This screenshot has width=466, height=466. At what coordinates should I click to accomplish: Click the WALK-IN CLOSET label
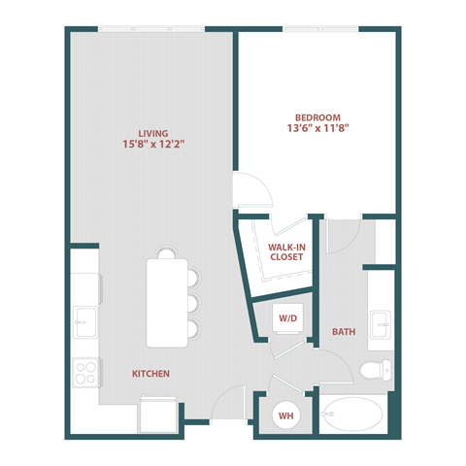[287, 252]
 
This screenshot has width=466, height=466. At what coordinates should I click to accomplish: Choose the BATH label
[344, 331]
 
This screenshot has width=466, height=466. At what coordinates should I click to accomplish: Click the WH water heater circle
[287, 416]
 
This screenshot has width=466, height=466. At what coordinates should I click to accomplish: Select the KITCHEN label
[151, 373]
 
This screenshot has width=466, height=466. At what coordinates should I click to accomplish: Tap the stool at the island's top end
[166, 253]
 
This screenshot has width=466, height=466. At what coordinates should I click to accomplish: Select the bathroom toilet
[374, 370]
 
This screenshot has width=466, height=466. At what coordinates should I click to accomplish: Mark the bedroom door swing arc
[250, 190]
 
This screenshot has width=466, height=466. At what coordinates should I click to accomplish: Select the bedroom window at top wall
[320, 29]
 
